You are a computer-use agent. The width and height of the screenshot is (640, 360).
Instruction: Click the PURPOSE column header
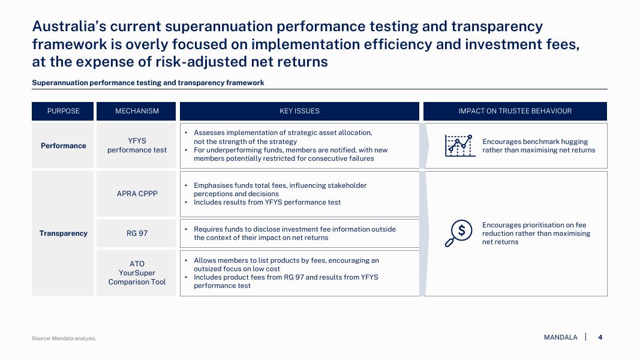[x=63, y=111]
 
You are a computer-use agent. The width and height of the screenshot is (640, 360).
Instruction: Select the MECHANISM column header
[x=136, y=111]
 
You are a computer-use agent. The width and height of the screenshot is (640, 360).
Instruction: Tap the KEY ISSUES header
[x=299, y=111]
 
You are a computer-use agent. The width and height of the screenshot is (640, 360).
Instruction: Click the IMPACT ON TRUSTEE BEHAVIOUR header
[x=515, y=111]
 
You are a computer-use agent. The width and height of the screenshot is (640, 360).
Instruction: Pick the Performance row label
[x=63, y=146]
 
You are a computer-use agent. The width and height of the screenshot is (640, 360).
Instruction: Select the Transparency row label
[x=63, y=233]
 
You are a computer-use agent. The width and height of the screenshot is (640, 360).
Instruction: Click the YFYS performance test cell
[x=137, y=145]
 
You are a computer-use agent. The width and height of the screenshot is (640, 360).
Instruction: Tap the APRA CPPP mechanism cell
[x=137, y=194]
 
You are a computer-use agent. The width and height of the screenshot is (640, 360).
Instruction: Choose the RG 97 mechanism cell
[x=137, y=233]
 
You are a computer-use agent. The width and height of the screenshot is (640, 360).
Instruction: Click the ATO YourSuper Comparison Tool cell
[x=137, y=272]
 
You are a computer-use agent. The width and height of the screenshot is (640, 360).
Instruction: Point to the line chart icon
[x=460, y=146]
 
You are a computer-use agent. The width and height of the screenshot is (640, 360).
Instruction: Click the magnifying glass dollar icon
[x=459, y=233]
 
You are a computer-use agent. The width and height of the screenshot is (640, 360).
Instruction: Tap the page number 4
[x=600, y=337]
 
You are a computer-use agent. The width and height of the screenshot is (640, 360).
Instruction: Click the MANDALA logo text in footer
[x=560, y=337]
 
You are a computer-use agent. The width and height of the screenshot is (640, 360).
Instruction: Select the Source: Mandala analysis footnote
[x=64, y=338]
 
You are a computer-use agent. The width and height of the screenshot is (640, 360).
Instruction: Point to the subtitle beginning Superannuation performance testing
[x=148, y=83]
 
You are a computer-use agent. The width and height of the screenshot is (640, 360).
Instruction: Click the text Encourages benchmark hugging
[x=535, y=142]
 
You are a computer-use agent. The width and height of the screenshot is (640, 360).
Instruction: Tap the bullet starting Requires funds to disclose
[x=295, y=233]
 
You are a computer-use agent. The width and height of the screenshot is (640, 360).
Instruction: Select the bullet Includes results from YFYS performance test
[x=267, y=202]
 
